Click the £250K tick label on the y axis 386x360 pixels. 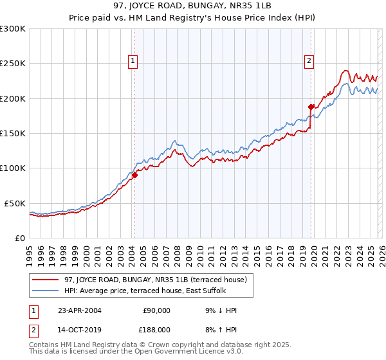pos(13,64)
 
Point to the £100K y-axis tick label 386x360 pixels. pos(13,168)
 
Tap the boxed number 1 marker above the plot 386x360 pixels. pos(133,61)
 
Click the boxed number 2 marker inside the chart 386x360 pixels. pos(309,61)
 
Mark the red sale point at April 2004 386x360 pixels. pos(134,175)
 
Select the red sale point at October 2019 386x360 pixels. pos(311,107)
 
